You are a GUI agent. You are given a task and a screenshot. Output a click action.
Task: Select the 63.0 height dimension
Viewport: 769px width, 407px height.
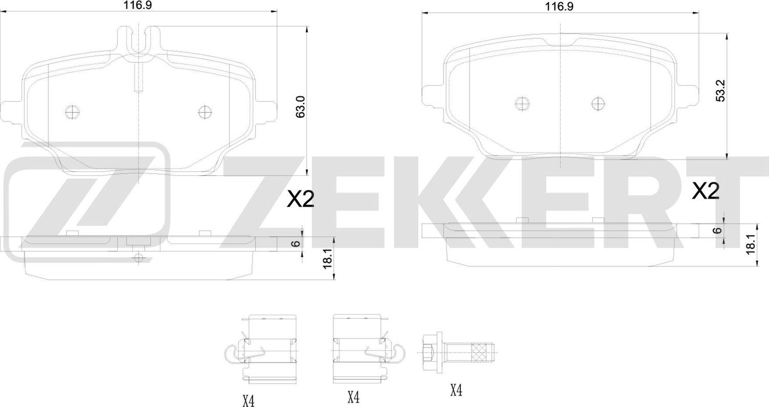pyautogui.click(x=301, y=107)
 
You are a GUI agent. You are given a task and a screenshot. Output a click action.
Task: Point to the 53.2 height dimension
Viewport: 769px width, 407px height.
pyautogui.click(x=721, y=91)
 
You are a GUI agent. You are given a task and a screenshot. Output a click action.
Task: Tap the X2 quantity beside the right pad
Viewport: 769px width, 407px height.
pyautogui.click(x=706, y=192)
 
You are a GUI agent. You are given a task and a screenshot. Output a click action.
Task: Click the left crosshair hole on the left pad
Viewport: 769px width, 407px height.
pyautogui.click(x=71, y=111)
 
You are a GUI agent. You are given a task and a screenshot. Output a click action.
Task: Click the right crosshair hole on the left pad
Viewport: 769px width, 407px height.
pyautogui.click(x=205, y=111)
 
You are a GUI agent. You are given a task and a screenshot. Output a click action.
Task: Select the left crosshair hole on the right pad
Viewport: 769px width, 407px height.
pyautogui.click(x=522, y=104)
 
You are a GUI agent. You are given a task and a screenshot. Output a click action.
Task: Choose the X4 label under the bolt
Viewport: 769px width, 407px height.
pyautogui.click(x=456, y=391)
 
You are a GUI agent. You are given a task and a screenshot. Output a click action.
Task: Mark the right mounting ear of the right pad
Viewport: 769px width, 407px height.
pyautogui.click(x=689, y=95)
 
